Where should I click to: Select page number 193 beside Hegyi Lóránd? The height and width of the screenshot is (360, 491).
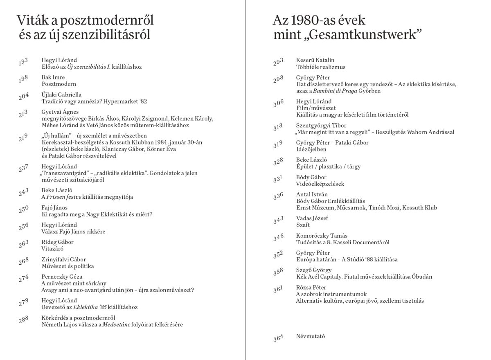tap(23, 63)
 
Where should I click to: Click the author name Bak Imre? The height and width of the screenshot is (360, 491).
tap(53, 77)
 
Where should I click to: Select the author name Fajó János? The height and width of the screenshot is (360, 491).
tap(54, 207)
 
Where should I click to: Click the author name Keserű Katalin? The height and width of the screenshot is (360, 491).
tap(315, 60)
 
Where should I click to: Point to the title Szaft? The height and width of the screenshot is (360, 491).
tap(303, 225)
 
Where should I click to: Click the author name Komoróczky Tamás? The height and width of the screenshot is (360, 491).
tap(322, 236)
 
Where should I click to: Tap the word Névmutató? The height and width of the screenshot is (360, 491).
tap(310, 336)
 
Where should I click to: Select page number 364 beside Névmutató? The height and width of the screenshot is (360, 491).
tap(278, 338)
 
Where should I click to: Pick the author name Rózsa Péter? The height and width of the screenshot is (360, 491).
tap(311, 288)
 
